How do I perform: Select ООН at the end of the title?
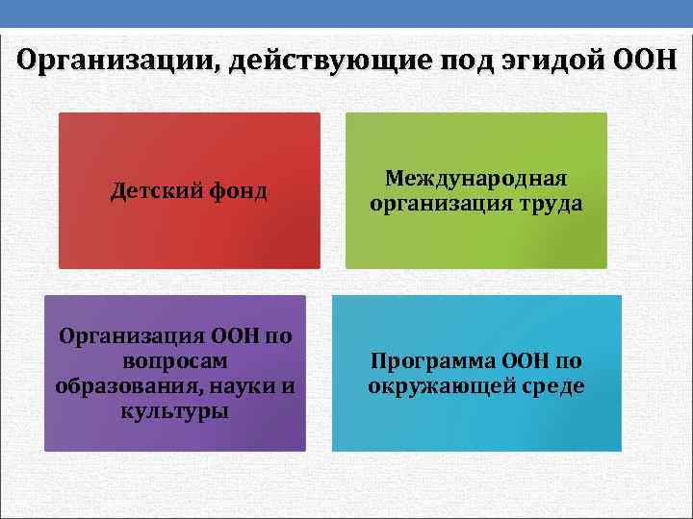pos(644,62)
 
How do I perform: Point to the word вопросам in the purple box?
pos(174,361)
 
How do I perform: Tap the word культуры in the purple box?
pos(174,411)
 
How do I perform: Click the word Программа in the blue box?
pos(430,361)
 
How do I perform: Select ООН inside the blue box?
pos(526,361)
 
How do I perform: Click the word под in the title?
pos(464,62)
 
